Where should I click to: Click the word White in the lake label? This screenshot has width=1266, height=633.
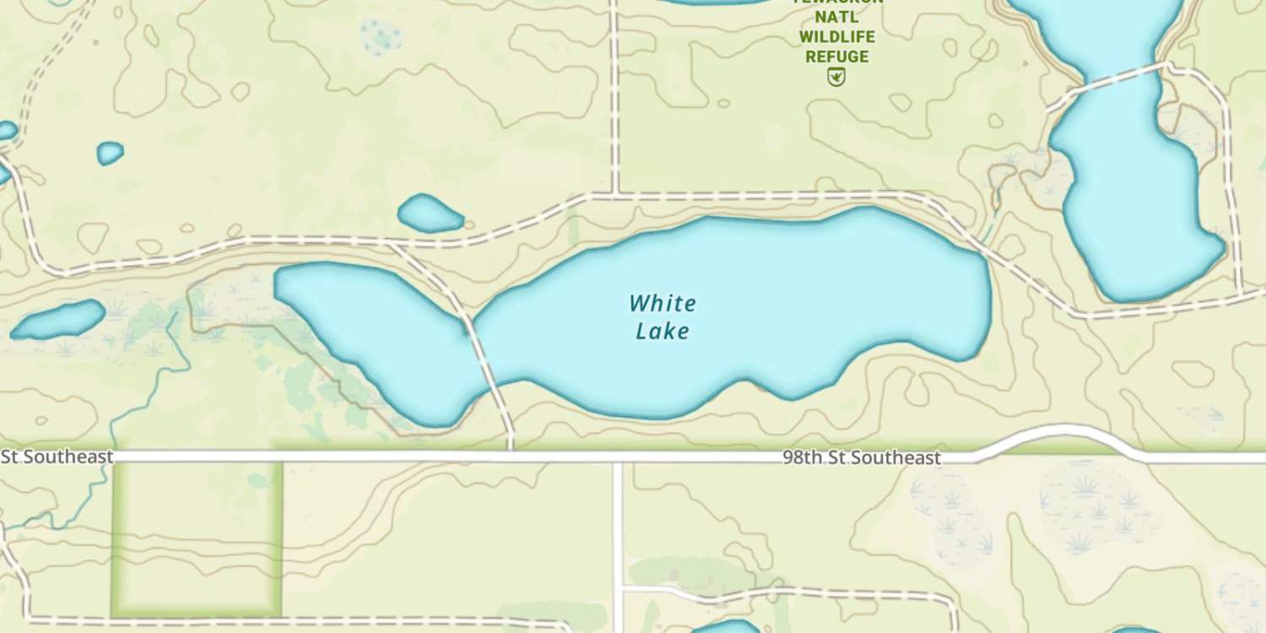[663, 303]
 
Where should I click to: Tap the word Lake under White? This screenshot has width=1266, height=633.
[663, 331]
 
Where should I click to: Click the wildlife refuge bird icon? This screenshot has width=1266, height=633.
[836, 78]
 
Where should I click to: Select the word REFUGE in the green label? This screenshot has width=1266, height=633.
[836, 57]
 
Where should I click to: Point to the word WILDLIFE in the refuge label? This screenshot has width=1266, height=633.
[836, 36]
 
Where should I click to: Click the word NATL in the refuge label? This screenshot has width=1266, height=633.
[836, 16]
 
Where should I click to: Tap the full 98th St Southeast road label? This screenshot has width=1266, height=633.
[861, 458]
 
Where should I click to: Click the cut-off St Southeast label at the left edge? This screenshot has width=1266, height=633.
[57, 457]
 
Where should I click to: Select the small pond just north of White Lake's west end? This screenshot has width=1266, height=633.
[430, 214]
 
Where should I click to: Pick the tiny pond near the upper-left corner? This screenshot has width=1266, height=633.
[110, 153]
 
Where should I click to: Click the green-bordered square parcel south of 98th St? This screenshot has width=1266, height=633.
[197, 538]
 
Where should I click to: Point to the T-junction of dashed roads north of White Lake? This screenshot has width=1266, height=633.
[615, 196]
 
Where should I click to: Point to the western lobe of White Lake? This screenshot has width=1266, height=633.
[371, 329]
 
